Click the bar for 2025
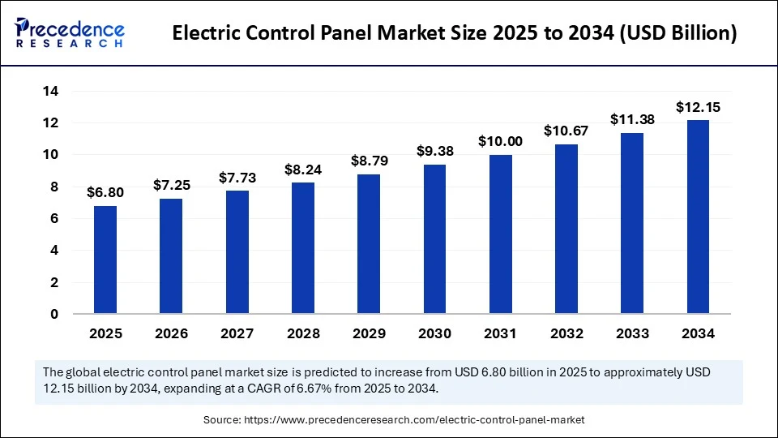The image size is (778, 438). tap(105, 260)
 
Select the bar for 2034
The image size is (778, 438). tap(698, 217)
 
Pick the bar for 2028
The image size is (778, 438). tap(303, 247)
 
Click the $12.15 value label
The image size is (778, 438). tap(698, 107)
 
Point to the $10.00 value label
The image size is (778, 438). tap(500, 141)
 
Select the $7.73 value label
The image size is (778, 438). tap(237, 178)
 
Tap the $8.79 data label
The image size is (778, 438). tap(369, 161)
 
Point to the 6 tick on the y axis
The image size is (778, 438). tap(54, 219)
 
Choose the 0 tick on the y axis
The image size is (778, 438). tap(54, 314)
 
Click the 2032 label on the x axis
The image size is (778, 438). tap(566, 333)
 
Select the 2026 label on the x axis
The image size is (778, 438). tap(171, 333)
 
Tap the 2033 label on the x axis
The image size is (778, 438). tap(632, 333)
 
